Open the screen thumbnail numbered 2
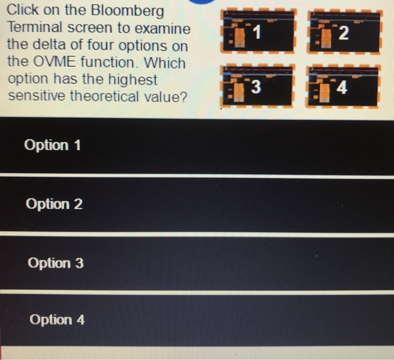click(343, 34)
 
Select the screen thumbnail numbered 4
click(343, 87)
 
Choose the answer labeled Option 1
click(53, 146)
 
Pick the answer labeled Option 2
click(54, 204)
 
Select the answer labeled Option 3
click(55, 263)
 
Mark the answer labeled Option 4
click(57, 320)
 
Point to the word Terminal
click(34, 28)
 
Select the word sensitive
click(36, 96)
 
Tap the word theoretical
click(105, 96)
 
